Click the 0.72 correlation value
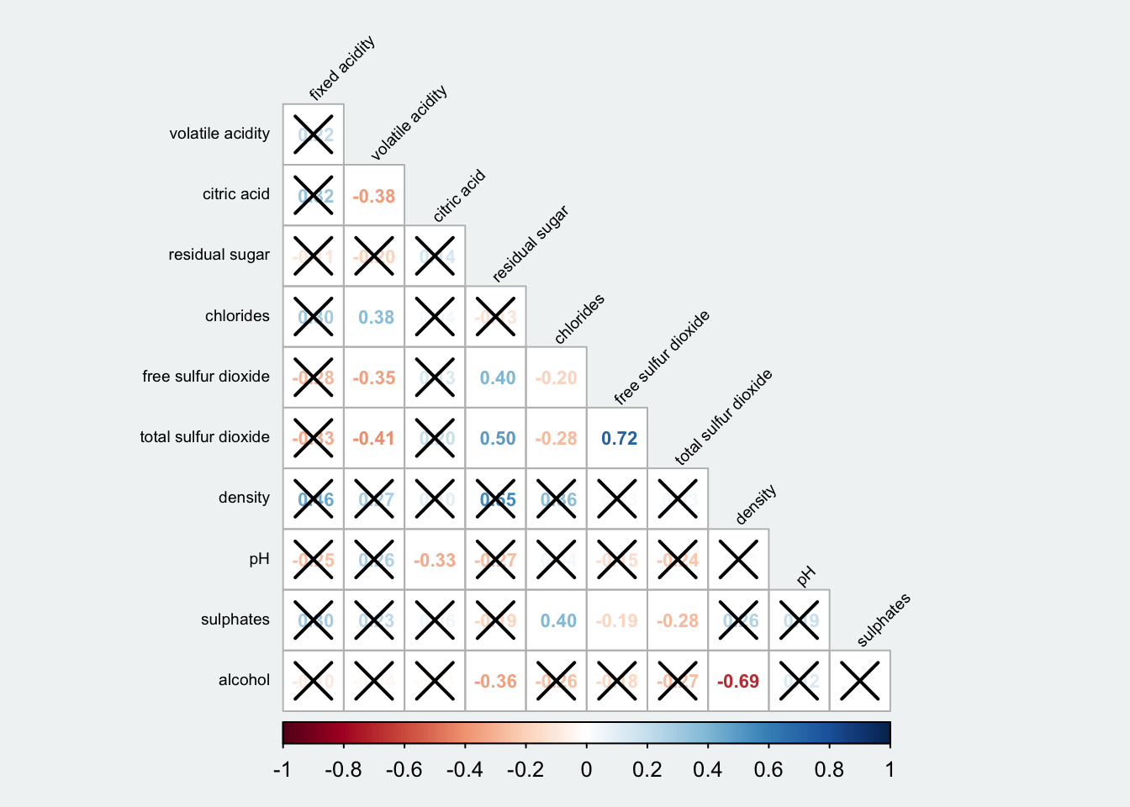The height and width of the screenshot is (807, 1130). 619,439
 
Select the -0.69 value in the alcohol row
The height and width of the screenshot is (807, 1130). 738,682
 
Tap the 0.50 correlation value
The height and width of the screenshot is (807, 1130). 498,439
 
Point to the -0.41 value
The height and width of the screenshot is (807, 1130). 374,439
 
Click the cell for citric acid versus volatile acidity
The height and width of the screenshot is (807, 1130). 374,196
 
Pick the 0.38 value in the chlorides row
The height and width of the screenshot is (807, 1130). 376,318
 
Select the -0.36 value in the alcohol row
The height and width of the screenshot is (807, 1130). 495,682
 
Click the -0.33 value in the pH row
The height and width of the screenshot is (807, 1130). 435,561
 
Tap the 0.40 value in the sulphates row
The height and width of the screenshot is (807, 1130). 558,621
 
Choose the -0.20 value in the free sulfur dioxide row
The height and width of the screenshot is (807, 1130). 557,378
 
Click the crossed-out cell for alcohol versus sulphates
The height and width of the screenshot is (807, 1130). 860,681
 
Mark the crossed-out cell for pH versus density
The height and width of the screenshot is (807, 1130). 738,560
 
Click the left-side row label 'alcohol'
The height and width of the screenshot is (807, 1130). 244,680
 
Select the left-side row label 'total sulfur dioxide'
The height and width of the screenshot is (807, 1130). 205,437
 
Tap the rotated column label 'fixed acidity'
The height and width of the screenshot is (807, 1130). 341,69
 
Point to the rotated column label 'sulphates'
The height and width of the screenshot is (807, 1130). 883,620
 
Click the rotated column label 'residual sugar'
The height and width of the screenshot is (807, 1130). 530,244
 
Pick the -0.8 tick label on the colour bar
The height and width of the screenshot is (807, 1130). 343,770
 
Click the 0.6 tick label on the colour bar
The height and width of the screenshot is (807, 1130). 768,770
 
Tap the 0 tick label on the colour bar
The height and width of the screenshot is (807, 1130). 586,770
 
